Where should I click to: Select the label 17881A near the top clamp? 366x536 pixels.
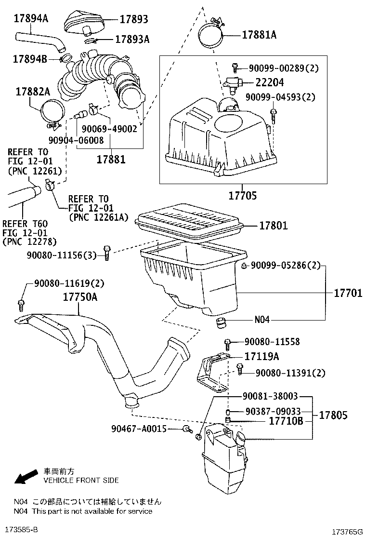(x=259, y=34)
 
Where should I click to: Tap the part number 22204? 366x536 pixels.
(x=269, y=82)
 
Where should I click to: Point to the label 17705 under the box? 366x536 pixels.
(x=243, y=196)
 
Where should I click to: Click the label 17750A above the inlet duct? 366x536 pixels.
(x=80, y=297)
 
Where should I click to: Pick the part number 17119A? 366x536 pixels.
(x=262, y=356)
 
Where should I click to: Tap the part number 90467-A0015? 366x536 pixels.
(x=138, y=428)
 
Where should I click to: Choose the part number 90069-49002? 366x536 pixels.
(x=109, y=129)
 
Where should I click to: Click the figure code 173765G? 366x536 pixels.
(x=347, y=531)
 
